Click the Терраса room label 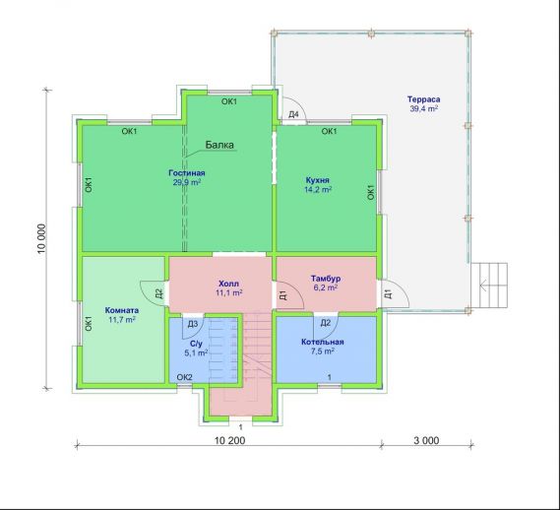coord(423,99)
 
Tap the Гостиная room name coord(187,173)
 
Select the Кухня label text coord(318,180)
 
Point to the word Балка coord(219,145)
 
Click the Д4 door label coord(293,115)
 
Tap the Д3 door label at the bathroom coord(193,324)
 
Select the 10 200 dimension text coord(229,441)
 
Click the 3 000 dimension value coord(426,441)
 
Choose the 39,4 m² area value coord(424,108)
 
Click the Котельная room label coord(323,342)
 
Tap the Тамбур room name coord(326,278)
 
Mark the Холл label coord(228,284)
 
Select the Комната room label coord(122,310)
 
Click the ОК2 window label coord(185,377)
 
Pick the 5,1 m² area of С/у coord(196,353)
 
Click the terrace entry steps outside coord(489,286)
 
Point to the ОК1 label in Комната coord(89,323)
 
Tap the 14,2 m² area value coord(318,189)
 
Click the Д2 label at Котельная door coord(326,323)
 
